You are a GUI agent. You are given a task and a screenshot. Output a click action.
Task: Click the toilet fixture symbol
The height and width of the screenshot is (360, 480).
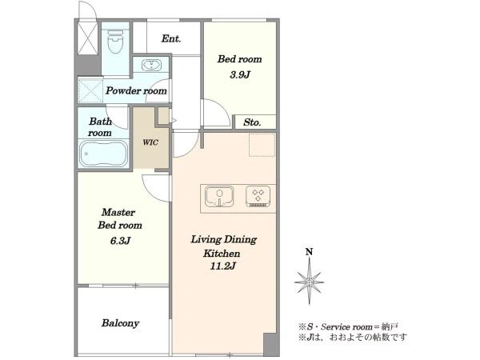coord(115,42)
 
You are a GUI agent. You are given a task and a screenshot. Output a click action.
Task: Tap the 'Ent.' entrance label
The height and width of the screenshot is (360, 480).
coord(171,38)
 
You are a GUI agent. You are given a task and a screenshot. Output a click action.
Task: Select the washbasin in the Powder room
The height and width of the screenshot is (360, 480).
coord(151,66)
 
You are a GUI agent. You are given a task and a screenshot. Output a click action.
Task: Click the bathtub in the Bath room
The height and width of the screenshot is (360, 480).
coord(104,154)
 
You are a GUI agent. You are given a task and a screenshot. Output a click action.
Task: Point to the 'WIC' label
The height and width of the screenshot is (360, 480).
coord(150,142)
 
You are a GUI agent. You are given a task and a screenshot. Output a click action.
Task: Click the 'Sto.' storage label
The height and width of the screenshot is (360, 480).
coord(252,122)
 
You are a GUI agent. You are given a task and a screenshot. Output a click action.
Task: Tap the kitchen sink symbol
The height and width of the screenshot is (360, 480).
coord(219,196)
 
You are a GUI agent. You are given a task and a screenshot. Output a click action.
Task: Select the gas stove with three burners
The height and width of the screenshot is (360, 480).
coord(258,196)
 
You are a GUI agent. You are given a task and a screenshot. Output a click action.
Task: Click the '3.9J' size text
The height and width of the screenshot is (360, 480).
coord(240,74)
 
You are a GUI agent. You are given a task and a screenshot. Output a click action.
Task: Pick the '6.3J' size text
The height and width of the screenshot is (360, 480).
coord(121,241)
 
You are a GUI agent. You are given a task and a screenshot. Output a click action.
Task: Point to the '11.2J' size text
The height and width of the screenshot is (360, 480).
coord(223,266)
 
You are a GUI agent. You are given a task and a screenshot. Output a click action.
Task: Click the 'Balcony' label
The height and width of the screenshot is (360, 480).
coord(120,323)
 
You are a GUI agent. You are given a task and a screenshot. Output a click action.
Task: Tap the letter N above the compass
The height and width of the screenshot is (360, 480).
coord(309,252)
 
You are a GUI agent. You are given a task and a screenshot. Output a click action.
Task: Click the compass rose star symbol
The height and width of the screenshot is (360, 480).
coord(309,282)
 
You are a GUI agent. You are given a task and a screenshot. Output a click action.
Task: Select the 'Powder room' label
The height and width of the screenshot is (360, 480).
coord(136,90)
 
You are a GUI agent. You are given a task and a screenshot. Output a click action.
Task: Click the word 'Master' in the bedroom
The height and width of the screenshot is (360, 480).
coord(118,212)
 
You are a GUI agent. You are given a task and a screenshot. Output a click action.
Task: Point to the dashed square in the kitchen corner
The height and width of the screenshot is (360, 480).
coord(262,145)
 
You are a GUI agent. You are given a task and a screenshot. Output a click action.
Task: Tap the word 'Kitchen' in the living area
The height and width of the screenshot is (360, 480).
coord(222,254)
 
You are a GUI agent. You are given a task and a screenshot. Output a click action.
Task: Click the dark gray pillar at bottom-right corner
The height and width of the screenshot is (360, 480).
coord(271,344)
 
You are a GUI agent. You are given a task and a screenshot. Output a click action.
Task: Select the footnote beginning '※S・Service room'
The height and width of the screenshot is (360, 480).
coord(348,327)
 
